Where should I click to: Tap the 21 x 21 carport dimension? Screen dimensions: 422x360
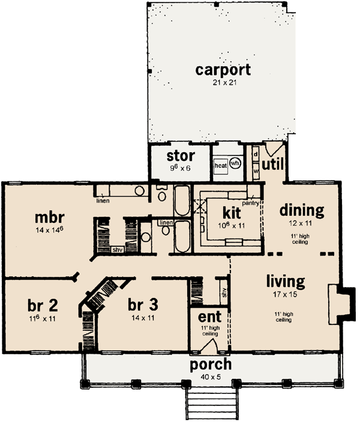[223, 83]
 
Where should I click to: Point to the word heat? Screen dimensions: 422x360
[220, 164]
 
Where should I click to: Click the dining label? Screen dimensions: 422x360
[302, 210]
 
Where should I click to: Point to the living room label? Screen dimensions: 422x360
[286, 281]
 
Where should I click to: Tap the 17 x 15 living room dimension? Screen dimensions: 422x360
[286, 295]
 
